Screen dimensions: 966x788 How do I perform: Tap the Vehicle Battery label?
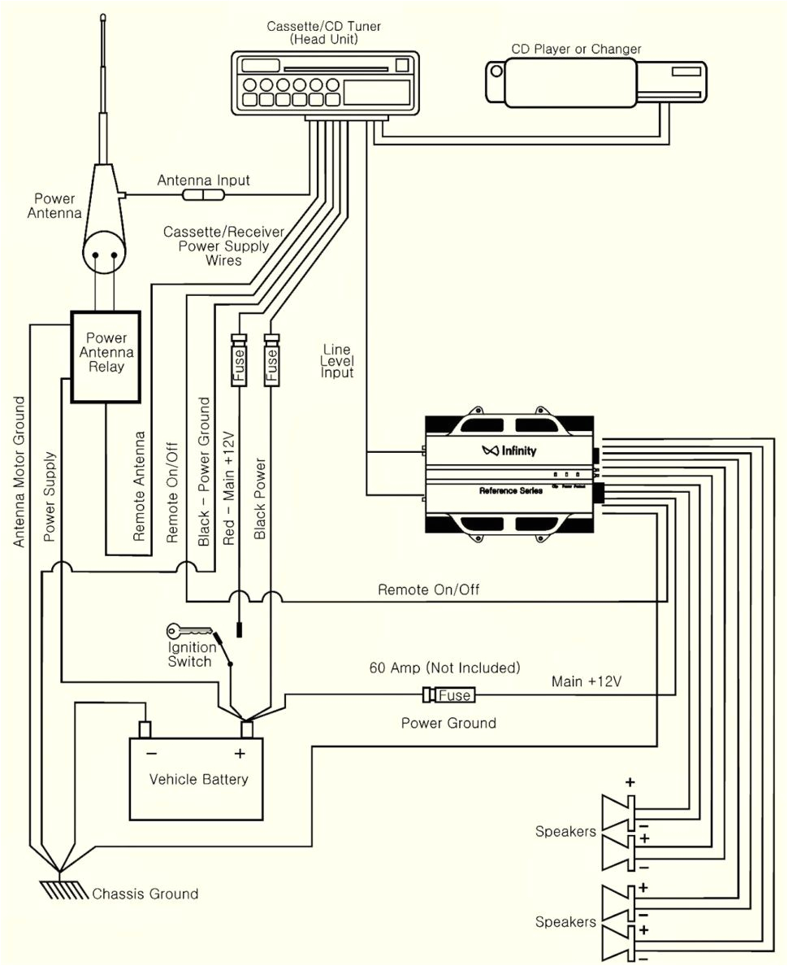pyautogui.click(x=198, y=779)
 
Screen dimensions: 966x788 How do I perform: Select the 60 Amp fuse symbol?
pyautogui.click(x=449, y=695)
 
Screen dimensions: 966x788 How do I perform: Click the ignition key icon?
pyautogui.click(x=188, y=631)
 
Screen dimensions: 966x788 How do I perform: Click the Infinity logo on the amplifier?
pyautogui.click(x=509, y=450)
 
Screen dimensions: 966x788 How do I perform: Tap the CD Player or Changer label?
pyautogui.click(x=576, y=49)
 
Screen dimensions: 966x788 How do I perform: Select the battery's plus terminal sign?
pyautogui.click(x=240, y=753)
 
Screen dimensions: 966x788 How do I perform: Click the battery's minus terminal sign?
pyautogui.click(x=152, y=753)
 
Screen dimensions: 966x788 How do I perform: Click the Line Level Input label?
pyautogui.click(x=338, y=361)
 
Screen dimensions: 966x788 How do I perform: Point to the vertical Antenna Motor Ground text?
pyautogui.click(x=20, y=472)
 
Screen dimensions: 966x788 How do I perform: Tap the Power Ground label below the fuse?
pyautogui.click(x=448, y=723)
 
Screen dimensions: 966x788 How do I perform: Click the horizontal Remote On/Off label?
pyautogui.click(x=428, y=590)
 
